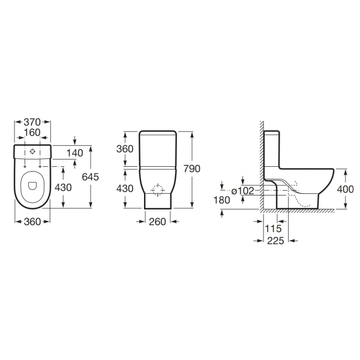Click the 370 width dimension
32,122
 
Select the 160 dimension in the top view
32,133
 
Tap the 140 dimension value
74,153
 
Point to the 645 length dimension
91,177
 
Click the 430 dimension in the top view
63,188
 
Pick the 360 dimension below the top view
32,222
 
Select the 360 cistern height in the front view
125,149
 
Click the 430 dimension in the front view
125,189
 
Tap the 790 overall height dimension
192,169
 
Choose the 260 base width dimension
157,222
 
